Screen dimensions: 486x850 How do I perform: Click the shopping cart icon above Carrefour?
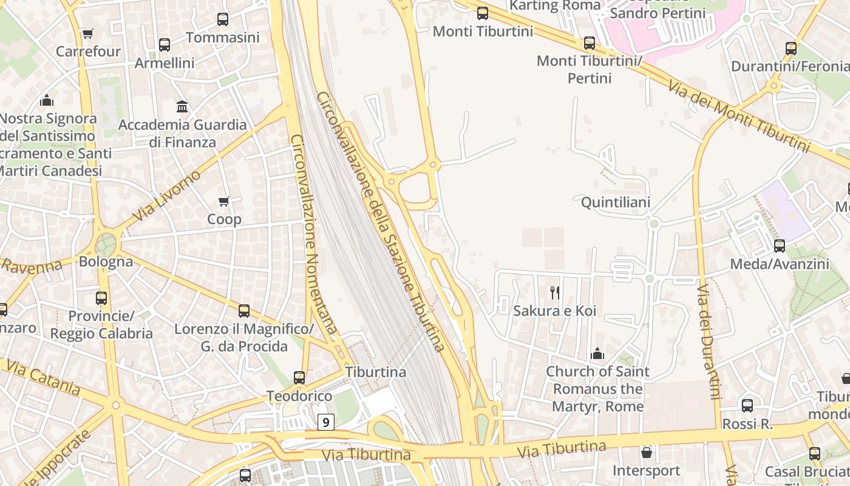click(88, 33)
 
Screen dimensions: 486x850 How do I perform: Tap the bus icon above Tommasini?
click(223, 19)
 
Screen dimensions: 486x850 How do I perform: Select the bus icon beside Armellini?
click(165, 45)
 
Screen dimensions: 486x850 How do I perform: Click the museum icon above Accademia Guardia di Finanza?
click(182, 107)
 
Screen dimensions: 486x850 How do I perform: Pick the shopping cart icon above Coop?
click(224, 201)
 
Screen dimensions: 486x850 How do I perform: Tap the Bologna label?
click(106, 262)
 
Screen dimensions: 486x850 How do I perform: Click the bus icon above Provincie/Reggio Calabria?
click(101, 298)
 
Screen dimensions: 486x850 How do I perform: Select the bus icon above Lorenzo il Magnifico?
click(244, 311)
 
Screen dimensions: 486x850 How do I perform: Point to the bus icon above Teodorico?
click(299, 378)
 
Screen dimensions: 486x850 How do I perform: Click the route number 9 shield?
click(326, 422)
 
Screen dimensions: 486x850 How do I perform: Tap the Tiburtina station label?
click(376, 372)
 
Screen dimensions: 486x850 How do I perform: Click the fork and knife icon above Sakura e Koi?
click(555, 293)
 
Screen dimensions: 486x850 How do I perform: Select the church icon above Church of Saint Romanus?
click(597, 354)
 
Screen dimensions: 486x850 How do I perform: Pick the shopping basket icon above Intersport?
click(647, 453)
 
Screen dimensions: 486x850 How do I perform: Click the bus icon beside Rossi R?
click(747, 406)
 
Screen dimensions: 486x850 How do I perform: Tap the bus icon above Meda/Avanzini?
click(780, 246)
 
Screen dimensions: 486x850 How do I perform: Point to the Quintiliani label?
click(616, 202)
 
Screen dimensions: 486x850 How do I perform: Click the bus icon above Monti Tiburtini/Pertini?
click(590, 43)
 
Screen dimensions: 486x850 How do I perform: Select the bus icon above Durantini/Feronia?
click(791, 49)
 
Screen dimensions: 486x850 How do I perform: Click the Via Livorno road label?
click(166, 196)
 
